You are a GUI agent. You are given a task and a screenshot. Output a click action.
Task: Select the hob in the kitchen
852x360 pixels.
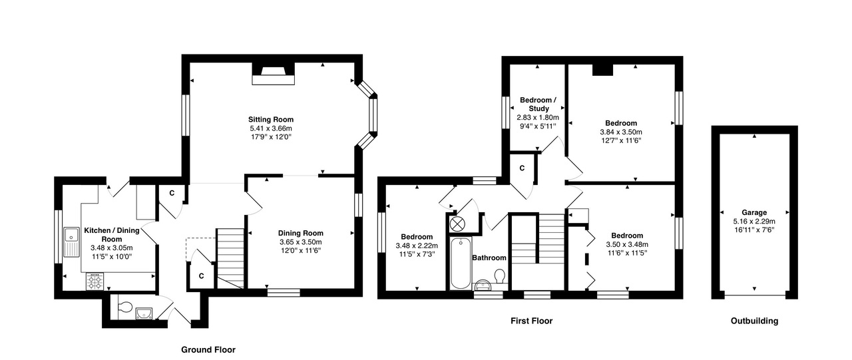click(95, 282)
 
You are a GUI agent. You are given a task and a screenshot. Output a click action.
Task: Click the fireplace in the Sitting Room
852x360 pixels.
click(274, 75)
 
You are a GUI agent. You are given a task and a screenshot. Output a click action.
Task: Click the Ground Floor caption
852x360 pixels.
click(208, 349)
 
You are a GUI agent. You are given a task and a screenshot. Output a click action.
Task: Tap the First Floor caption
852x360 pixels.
click(531, 321)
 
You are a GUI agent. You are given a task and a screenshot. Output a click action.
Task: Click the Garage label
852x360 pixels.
click(754, 213)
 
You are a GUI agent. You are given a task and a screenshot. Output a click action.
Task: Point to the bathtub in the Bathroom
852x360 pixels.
click(459, 263)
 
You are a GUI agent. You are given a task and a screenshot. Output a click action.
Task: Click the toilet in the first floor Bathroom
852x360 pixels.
click(500, 275)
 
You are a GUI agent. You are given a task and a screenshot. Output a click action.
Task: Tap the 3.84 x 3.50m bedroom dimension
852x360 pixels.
click(620, 132)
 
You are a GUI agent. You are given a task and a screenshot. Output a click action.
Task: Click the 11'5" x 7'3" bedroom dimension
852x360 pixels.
click(417, 254)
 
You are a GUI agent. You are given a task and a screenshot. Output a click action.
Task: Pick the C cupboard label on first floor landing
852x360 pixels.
click(521, 168)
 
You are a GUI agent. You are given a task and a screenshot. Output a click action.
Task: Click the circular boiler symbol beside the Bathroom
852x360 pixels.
click(458, 224)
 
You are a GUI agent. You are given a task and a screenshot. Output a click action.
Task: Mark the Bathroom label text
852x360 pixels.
click(489, 258)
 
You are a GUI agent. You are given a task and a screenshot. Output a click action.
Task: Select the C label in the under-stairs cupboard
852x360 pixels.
click(200, 275)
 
